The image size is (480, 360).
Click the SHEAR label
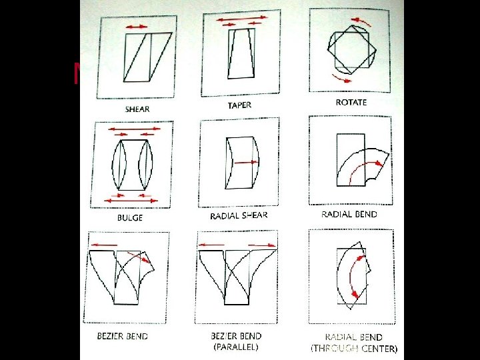137,109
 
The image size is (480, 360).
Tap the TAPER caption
240,105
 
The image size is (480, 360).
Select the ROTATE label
351,103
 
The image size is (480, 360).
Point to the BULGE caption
129,217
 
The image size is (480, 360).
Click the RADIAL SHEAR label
239,215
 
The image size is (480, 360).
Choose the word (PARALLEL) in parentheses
235,347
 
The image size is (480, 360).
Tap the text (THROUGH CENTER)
354,348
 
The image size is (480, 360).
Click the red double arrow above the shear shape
137,26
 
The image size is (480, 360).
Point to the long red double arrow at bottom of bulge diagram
131,200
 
